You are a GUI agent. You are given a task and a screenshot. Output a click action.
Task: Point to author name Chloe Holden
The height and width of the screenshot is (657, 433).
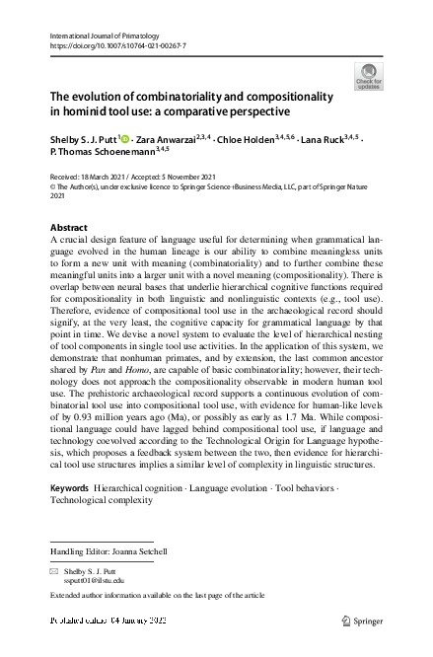pos(249,140)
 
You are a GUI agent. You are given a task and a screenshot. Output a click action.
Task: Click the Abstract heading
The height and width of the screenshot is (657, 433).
pos(69,228)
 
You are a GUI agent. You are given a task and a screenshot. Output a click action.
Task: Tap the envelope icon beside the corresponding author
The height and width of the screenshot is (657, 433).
pos(54,571)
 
